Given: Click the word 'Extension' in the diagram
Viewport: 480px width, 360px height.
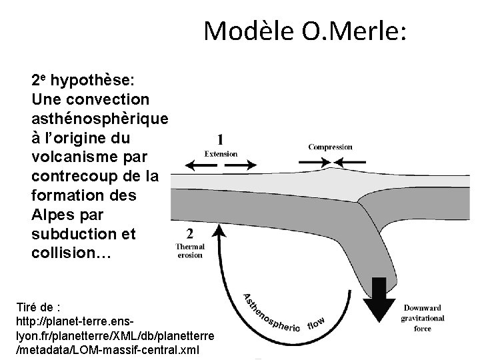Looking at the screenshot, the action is (221, 154).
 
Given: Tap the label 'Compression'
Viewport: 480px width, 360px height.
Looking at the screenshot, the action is (330, 147).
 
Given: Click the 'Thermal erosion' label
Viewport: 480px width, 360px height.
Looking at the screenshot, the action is (189, 251).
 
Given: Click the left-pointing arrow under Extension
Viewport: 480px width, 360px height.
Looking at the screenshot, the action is (195, 164).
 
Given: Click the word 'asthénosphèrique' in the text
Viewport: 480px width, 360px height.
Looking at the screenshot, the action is (99, 118).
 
